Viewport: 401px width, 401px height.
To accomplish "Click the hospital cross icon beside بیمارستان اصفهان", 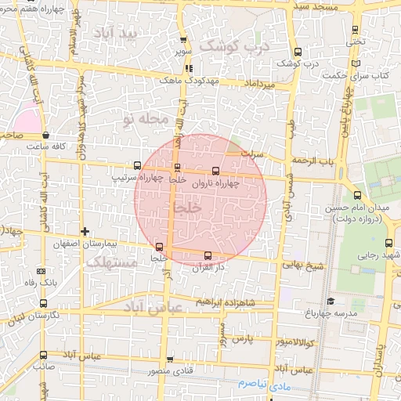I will [85, 231].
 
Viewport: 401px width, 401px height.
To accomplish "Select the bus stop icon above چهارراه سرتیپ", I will [138, 166].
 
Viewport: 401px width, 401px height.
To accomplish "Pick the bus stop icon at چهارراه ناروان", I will [216, 170].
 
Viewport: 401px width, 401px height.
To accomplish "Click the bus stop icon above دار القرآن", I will [208, 255].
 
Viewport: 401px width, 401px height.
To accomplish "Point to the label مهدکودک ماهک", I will [180, 80].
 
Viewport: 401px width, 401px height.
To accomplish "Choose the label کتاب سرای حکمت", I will [370, 75].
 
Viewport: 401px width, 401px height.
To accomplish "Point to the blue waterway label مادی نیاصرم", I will [262, 385].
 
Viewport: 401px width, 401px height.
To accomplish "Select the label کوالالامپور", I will [294, 342].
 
